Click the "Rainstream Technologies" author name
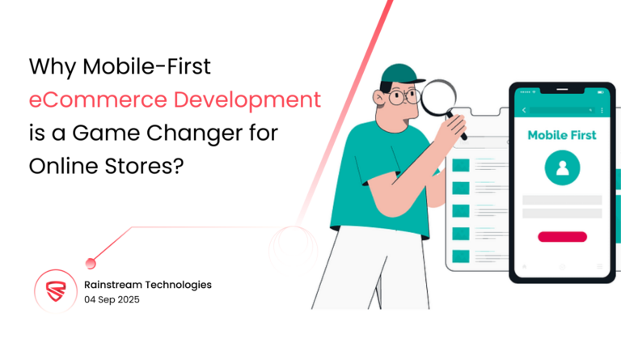click(147, 285)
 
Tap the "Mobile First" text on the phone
click(562, 134)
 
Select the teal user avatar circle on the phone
click(562, 169)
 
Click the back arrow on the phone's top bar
click(524, 109)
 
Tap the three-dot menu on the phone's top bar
click(601, 109)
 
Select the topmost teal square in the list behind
click(461, 166)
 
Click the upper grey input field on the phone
click(562, 200)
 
